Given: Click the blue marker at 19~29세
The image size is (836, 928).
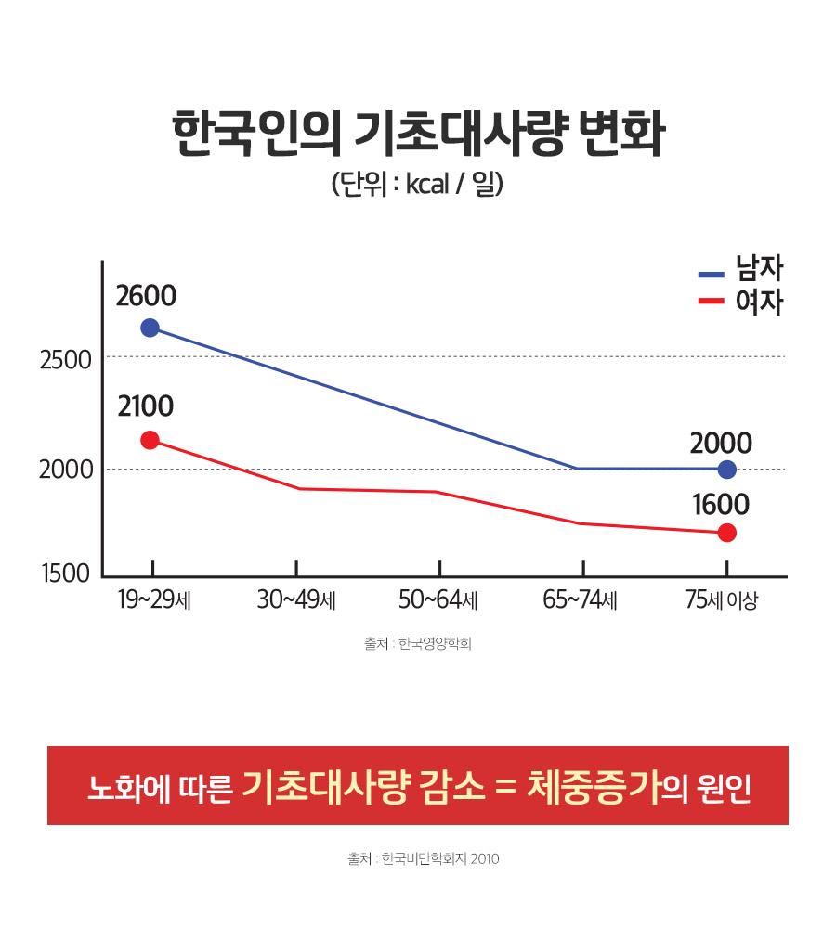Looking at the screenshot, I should tap(150, 328).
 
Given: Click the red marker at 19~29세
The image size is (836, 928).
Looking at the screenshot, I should tap(150, 440).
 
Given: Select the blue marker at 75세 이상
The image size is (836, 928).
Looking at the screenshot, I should tap(727, 470).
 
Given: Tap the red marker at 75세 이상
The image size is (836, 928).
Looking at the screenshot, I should tap(727, 533).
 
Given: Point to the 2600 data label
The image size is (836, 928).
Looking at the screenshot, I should tap(146, 296).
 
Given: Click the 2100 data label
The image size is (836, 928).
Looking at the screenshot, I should tap(146, 406).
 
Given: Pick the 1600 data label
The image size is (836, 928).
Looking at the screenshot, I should tap(721, 505).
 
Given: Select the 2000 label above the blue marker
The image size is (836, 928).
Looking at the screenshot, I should tap(721, 444).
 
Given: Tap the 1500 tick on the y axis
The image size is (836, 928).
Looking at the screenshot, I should tap(66, 574).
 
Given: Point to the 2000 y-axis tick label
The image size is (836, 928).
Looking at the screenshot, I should tap(66, 470).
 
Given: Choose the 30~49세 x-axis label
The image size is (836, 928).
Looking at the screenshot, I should tap(296, 599).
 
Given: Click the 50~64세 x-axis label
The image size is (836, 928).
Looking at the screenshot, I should tap(438, 599).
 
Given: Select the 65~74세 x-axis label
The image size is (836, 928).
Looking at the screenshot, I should tap(581, 599).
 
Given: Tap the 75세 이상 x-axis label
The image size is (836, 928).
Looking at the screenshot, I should tap(721, 600).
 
